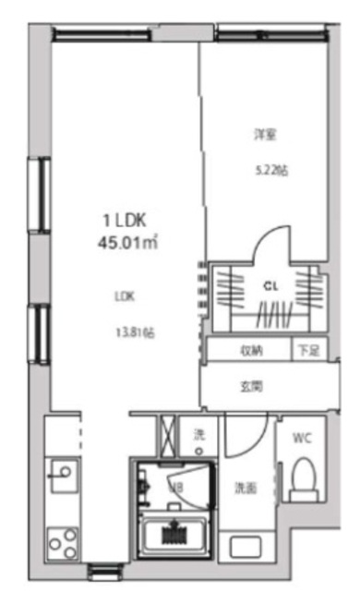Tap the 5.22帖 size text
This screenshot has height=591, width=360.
270,171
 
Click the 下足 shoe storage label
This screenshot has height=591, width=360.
306,350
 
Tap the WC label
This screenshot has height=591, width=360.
301,438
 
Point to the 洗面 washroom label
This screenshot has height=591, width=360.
244,488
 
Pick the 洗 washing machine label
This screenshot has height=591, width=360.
198,434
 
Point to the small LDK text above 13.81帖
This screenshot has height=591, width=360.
125,296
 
